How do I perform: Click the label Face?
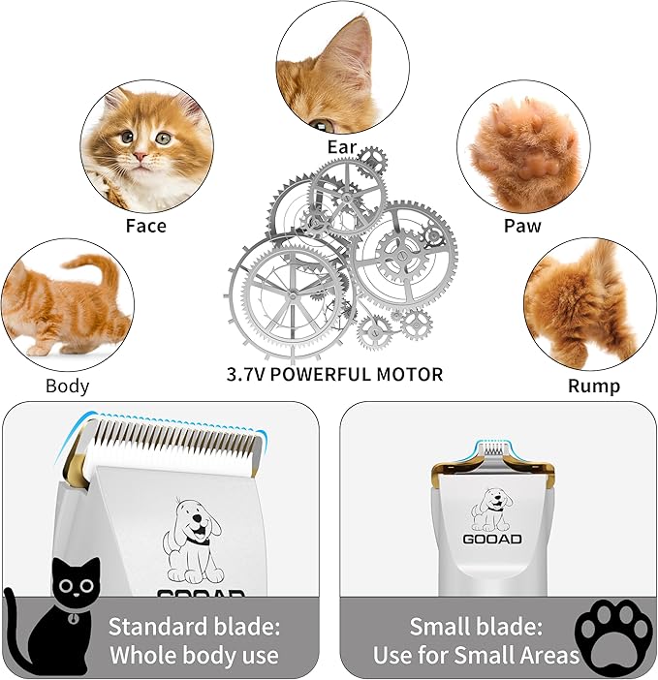pos(145,226)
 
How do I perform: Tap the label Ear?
pos(341,148)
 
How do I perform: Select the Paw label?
pos(522,226)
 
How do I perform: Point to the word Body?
pos(67,386)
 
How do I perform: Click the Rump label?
pos(593,386)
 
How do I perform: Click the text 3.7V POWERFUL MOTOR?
pos(334,374)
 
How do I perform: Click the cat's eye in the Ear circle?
pos(324,125)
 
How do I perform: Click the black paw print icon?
pos(613,634)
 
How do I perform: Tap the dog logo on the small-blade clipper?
pos(491,510)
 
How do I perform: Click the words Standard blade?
pos(194,625)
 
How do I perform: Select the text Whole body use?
pos(194,655)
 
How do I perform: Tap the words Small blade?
pos(476,625)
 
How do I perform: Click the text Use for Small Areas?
pos(476,655)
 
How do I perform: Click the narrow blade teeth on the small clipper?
pos(492,448)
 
